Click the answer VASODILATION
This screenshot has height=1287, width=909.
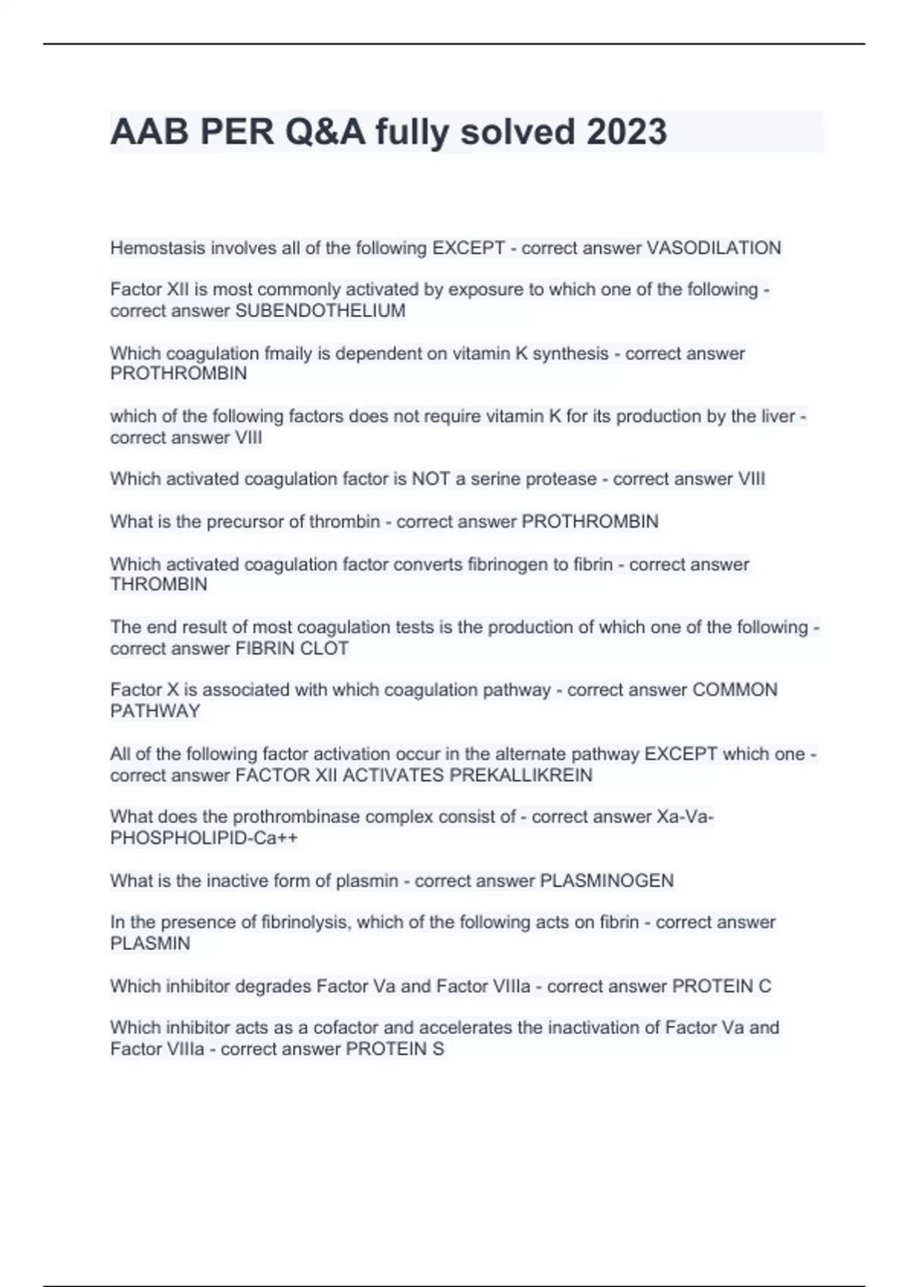pos(713,248)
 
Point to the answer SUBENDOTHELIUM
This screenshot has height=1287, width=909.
pos(320,310)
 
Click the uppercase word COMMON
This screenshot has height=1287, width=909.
pos(735,690)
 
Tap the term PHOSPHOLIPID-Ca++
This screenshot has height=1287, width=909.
pos(204,839)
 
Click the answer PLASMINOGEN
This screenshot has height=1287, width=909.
pos(606,881)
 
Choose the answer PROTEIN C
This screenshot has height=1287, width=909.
pos(722,986)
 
